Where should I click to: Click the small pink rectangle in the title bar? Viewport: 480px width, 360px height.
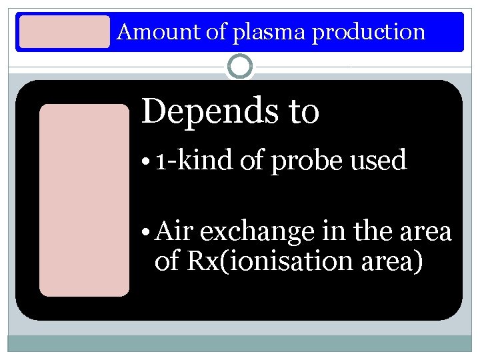coord(64,32)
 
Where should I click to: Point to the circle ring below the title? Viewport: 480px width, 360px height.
coord(239,67)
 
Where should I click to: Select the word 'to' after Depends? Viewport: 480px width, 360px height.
coord(303,112)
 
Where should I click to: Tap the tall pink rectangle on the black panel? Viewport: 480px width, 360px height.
coord(84,200)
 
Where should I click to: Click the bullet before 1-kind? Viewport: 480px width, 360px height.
coord(146,162)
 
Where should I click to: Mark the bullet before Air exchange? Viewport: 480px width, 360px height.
coord(146,232)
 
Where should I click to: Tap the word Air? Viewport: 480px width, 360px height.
coord(174,231)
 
